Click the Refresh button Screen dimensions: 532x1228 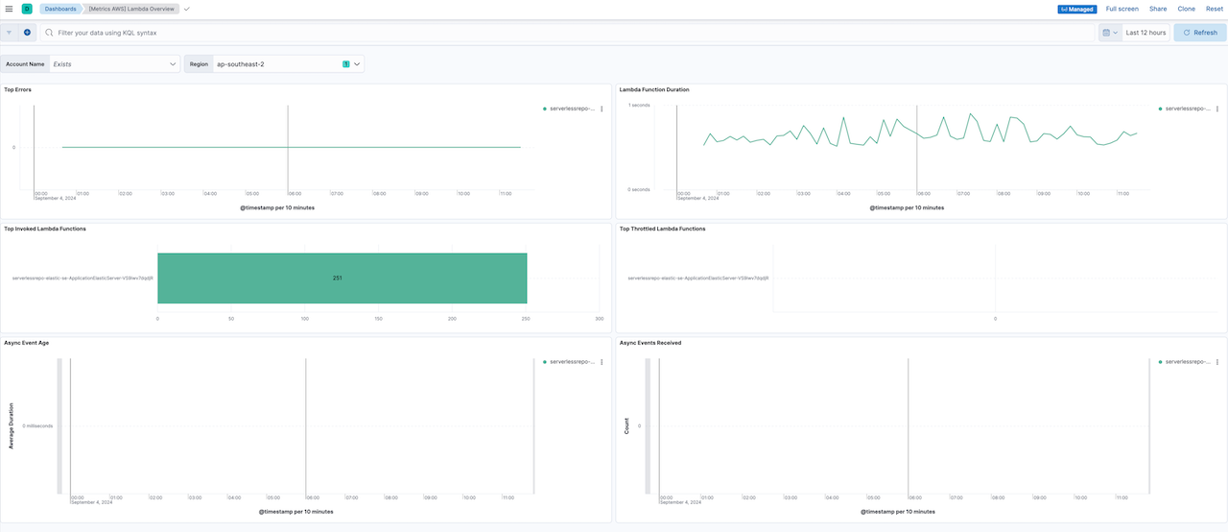[x=1199, y=33]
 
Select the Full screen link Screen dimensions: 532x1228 [x=1122, y=9]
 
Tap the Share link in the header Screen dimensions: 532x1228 [x=1158, y=9]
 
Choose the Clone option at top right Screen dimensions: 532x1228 [x=1186, y=9]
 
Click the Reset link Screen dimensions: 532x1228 [x=1215, y=9]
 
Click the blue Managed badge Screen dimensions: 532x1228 [x=1077, y=9]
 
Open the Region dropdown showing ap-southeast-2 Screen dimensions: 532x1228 [x=288, y=64]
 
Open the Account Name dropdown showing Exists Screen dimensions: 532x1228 [x=115, y=64]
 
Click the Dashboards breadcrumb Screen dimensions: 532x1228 [x=59, y=9]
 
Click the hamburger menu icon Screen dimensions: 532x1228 [x=9, y=9]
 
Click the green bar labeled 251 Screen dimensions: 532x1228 [x=342, y=278]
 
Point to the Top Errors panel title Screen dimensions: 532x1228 [x=18, y=89]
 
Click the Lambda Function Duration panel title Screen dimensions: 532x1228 [x=654, y=89]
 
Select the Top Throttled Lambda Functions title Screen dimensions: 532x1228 [x=662, y=229]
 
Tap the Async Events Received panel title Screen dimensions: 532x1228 [x=650, y=343]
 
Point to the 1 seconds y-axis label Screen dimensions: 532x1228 [x=640, y=105]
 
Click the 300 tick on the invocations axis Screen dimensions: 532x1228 [x=599, y=319]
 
